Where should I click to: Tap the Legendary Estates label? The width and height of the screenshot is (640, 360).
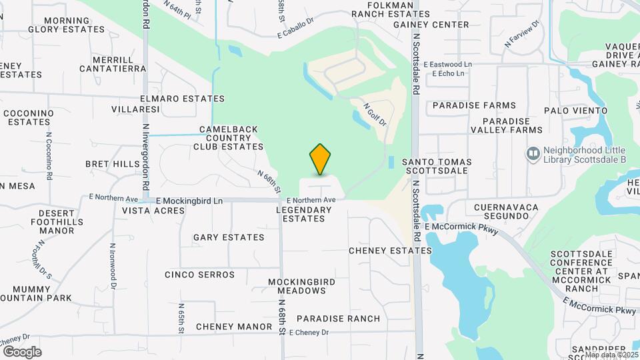(303, 214)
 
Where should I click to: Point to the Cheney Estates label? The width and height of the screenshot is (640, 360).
(391, 251)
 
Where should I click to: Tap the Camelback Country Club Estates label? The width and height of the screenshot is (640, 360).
(229, 138)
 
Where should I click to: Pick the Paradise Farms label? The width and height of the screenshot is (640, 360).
(474, 105)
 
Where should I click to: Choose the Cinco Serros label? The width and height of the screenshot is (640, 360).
(199, 275)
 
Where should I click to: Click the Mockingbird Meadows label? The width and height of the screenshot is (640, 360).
(297, 287)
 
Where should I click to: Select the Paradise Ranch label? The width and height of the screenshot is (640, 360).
(337, 319)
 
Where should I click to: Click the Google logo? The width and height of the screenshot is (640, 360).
(22, 351)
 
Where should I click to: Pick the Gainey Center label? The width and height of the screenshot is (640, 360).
(431, 25)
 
